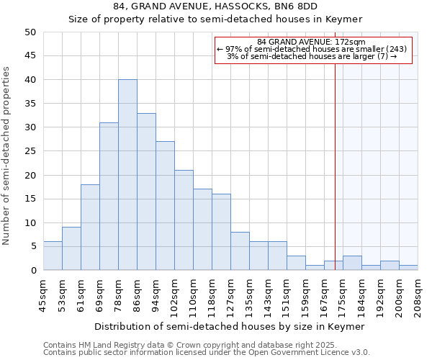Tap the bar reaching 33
146,192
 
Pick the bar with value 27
165,206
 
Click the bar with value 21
184,220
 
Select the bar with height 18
90,228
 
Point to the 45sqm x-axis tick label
43,294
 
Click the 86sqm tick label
137,294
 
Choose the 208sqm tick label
418,296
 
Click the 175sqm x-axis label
343,296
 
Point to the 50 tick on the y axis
30,32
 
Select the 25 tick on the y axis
30,151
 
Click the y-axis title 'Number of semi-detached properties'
7,156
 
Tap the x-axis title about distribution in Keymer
230,326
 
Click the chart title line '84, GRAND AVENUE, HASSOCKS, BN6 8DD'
215,6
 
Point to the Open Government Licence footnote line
207,353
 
